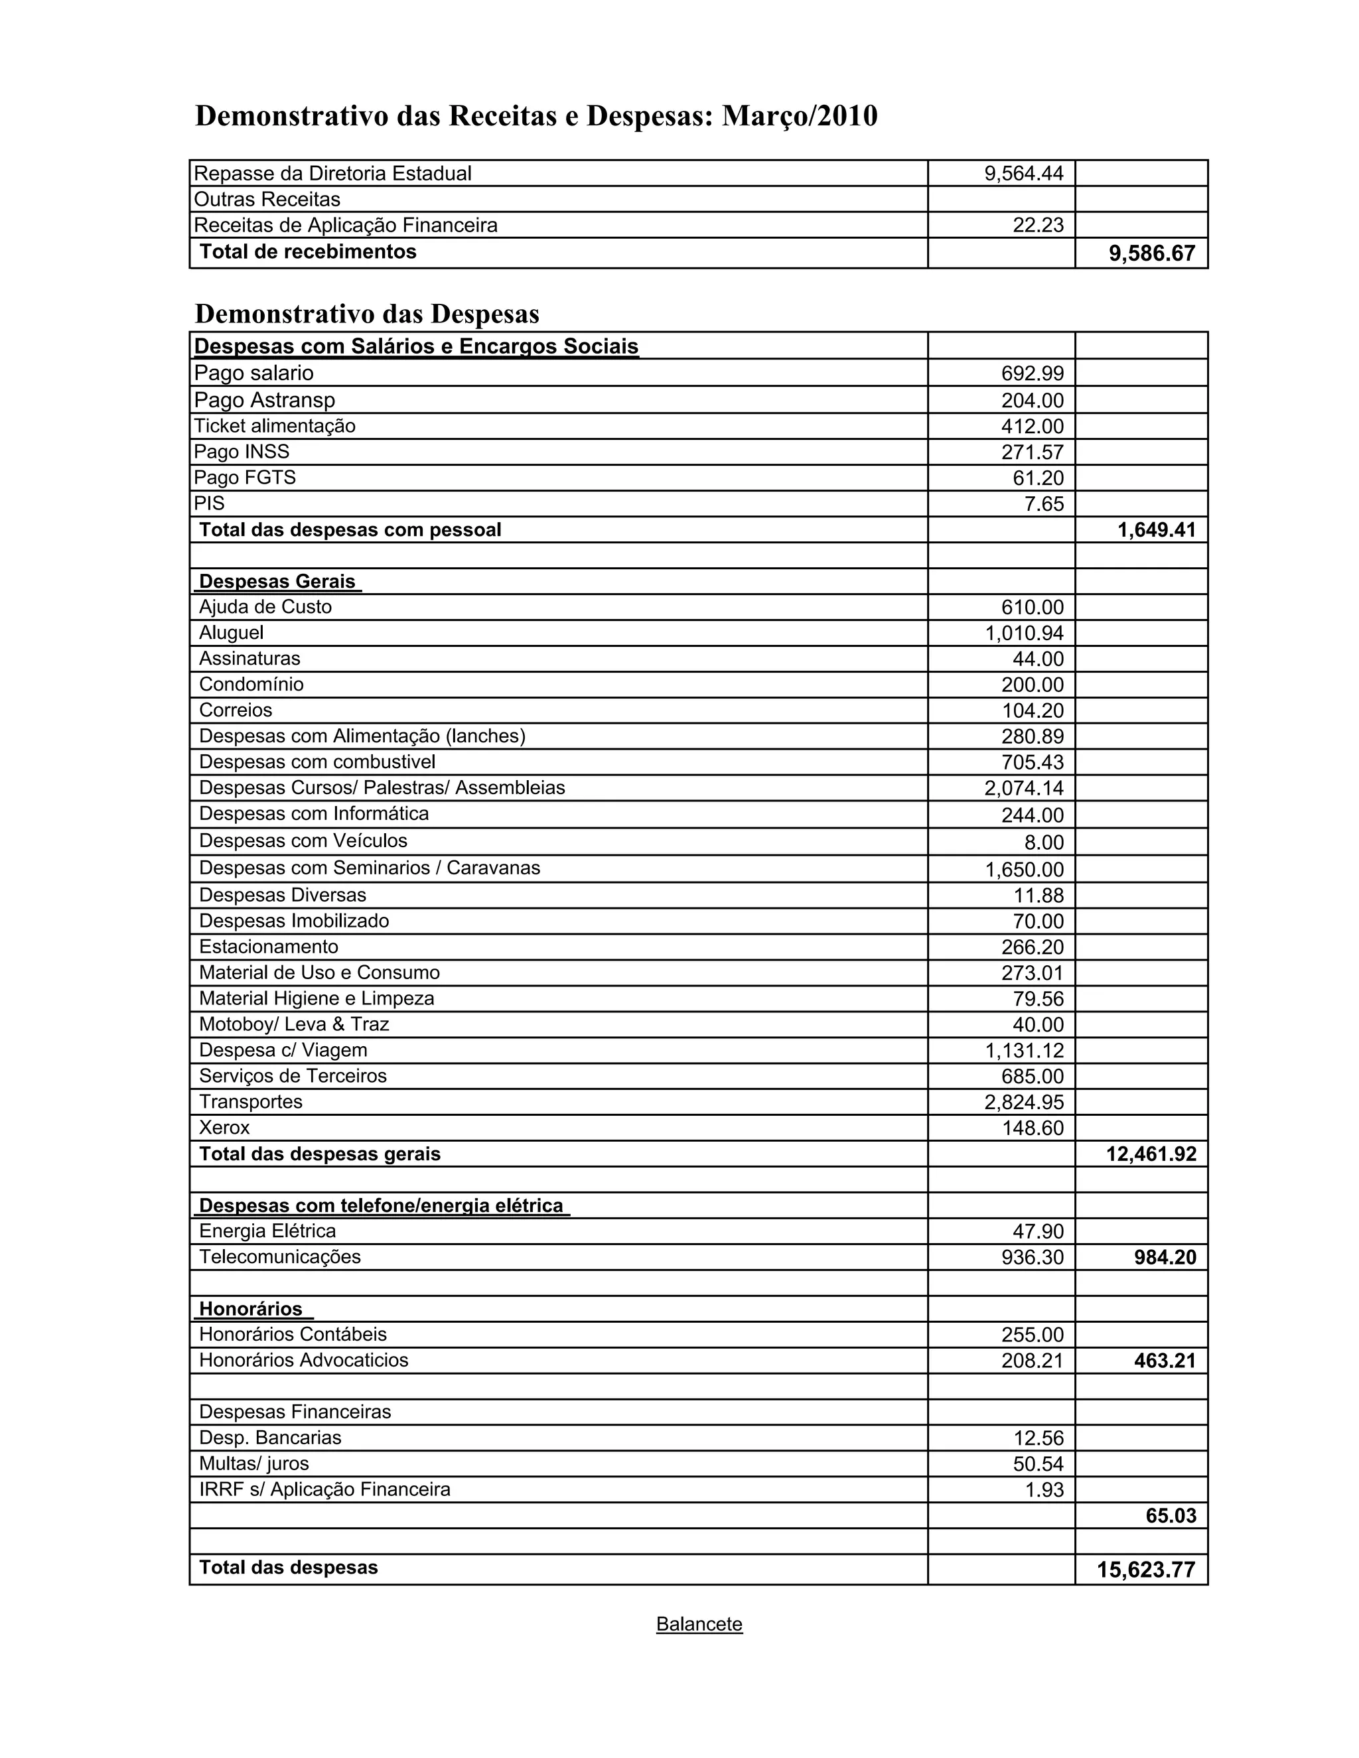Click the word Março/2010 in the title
800,116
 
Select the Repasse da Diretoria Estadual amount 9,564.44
1023,173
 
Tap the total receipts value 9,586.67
1151,253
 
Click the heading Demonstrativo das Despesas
367,313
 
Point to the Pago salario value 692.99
1032,373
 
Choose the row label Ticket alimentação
275,426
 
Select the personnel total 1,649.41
1156,529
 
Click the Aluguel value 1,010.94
1024,634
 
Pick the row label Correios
236,710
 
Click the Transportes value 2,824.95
1024,1102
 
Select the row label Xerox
225,1128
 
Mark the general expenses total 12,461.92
1151,1154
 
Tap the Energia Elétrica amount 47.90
1038,1231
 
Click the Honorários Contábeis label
293,1335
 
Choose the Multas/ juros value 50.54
1038,1463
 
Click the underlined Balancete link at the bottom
699,1623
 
